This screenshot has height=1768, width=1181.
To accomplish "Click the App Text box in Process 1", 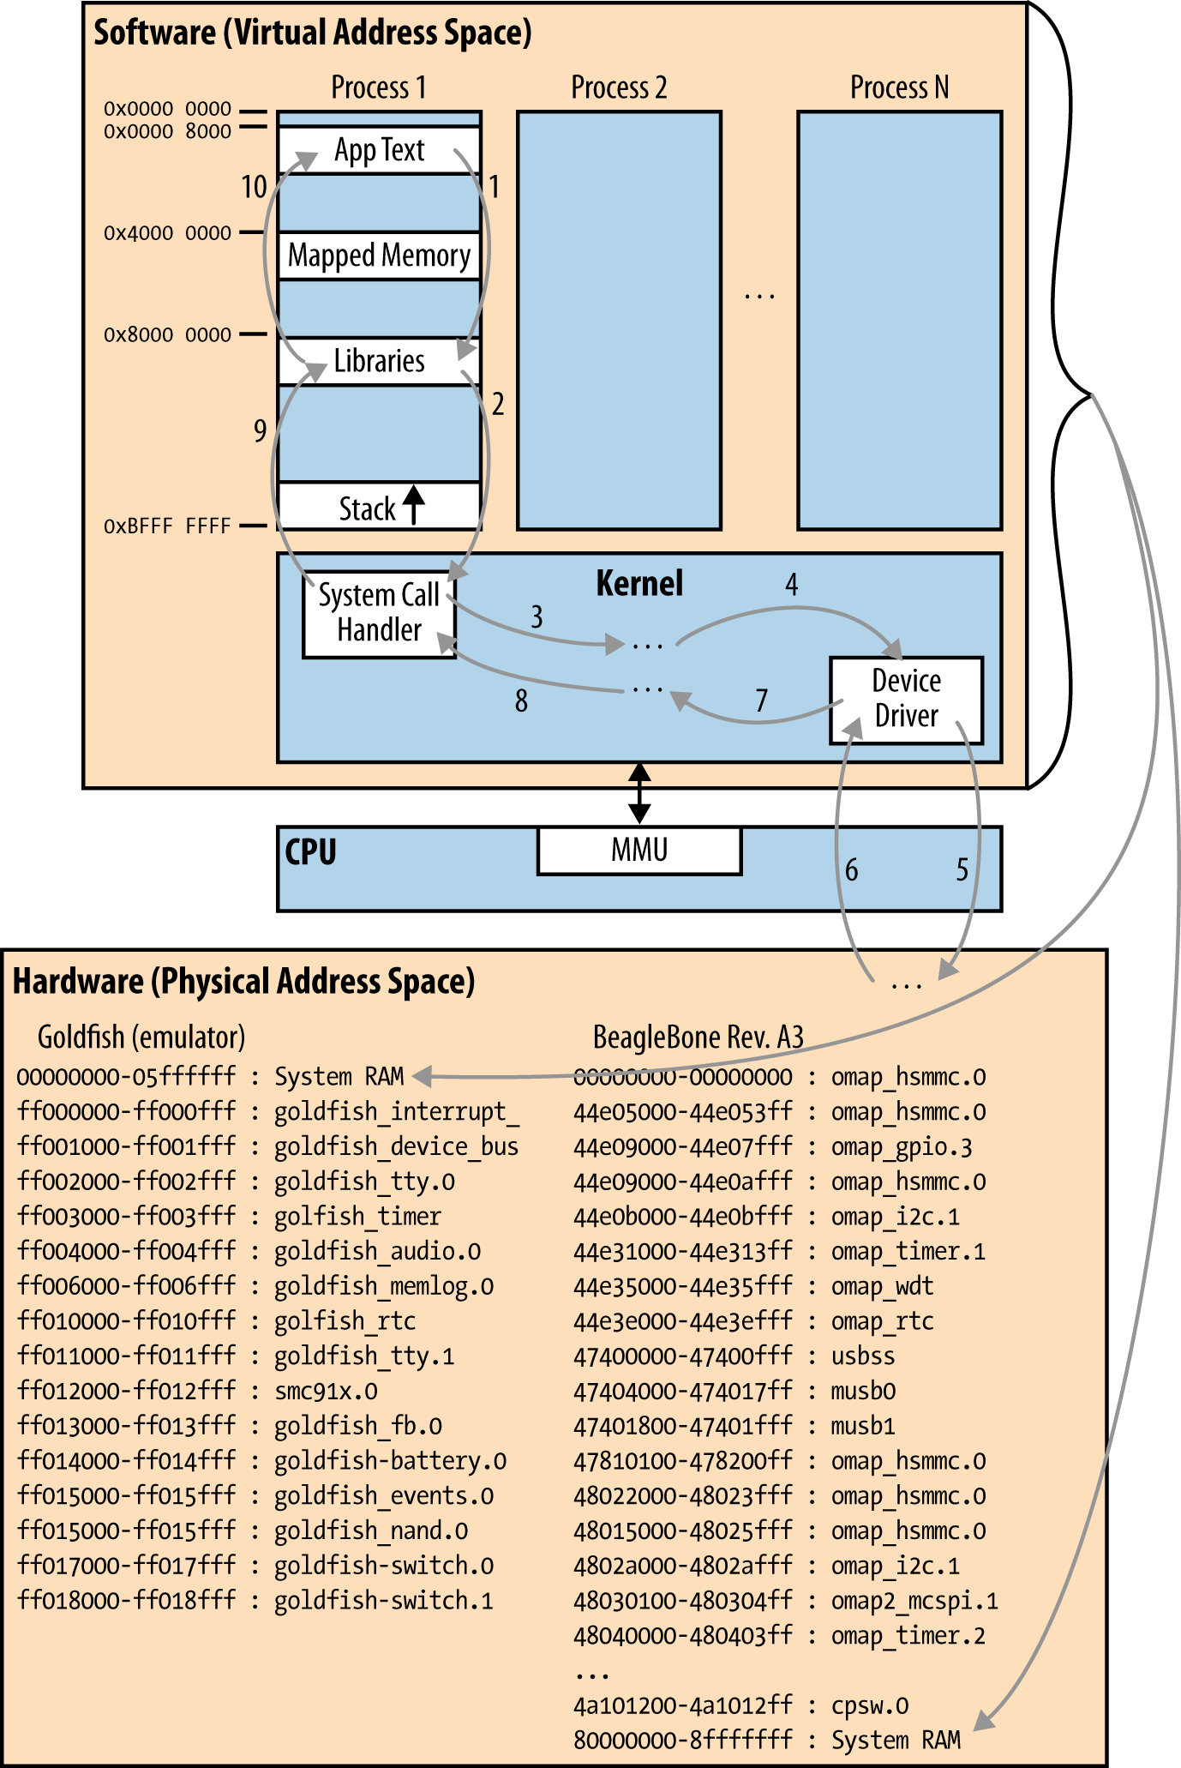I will (x=379, y=151).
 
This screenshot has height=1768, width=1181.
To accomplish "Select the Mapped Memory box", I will (x=379, y=256).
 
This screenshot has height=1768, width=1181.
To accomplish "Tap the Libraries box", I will (x=379, y=361).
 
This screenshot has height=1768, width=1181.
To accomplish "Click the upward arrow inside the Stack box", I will (x=414, y=505).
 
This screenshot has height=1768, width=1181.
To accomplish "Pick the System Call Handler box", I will (x=379, y=614).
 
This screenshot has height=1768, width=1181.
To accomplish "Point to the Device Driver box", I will (x=906, y=699).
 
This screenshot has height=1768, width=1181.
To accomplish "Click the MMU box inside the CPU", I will (x=639, y=850).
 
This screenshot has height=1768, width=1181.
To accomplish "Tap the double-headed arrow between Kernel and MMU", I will (x=639, y=794).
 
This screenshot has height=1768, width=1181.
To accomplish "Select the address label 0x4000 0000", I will (x=167, y=233).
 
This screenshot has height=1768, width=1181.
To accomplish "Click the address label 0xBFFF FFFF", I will (x=167, y=526).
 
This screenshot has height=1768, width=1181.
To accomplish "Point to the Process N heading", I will (x=899, y=87).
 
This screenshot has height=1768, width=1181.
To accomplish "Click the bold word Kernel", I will (x=639, y=584).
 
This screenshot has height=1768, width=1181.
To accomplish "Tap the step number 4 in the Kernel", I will (x=792, y=585).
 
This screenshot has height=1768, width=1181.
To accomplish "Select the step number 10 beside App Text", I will (x=254, y=187).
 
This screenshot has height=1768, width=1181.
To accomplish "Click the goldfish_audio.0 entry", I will (x=377, y=1252).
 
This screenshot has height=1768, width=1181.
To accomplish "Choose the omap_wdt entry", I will (x=882, y=1286).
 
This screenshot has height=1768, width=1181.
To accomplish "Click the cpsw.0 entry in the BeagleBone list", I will (x=870, y=1705).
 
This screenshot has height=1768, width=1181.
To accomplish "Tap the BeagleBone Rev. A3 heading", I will (x=698, y=1037).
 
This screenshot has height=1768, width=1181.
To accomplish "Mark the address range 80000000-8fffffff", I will (x=682, y=1741).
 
